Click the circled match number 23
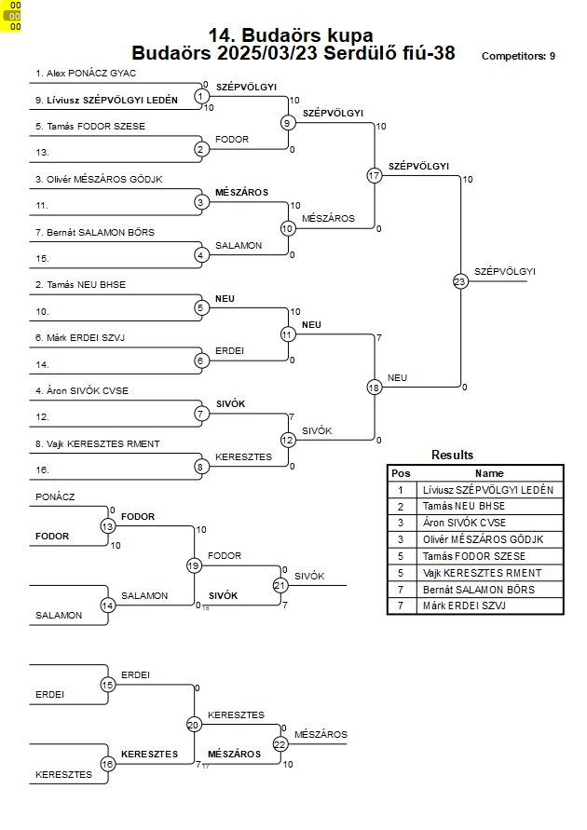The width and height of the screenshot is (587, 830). point(460,281)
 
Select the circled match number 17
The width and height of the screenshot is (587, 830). point(375,175)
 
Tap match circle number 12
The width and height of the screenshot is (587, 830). point(287,440)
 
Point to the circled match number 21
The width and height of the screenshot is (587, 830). point(280,585)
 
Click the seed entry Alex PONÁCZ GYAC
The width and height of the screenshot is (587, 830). point(86,73)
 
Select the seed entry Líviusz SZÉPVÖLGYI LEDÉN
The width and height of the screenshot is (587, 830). point(106,100)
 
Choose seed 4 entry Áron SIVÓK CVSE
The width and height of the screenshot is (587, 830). point(82,390)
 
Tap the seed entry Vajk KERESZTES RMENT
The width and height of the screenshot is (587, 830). point(98,443)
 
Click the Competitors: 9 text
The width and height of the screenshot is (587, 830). point(518,56)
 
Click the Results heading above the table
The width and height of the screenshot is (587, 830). point(452,455)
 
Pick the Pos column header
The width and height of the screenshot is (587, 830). point(401,473)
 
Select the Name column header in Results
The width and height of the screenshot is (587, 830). point(489,473)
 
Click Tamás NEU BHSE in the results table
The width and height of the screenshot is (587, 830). point(464,506)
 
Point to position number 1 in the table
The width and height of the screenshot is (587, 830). point(401,490)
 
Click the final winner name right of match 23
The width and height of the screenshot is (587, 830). point(504,272)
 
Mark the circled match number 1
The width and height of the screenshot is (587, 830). point(200,96)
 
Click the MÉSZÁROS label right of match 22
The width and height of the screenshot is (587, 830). point(321,735)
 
